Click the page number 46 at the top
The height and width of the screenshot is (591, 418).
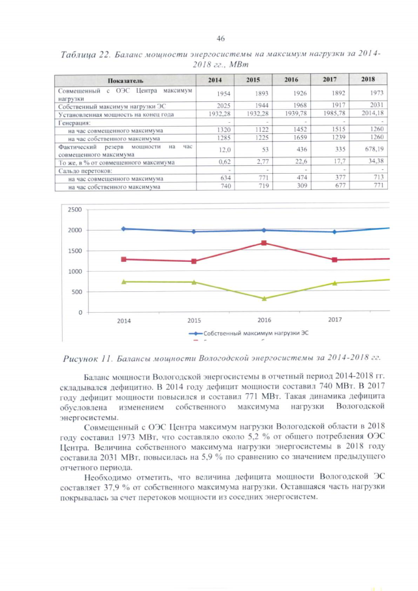pyautogui.click(x=220, y=39)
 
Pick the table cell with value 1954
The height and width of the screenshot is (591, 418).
pyautogui.click(x=215, y=93)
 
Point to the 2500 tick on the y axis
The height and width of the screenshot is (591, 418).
pyautogui.click(x=74, y=210)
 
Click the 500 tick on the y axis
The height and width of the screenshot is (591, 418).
pyautogui.click(x=77, y=292)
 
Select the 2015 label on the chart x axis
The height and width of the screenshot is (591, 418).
pyautogui.click(x=193, y=321)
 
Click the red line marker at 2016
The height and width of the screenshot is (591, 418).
pyautogui.click(x=264, y=243)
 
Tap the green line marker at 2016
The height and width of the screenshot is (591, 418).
pyautogui.click(x=264, y=299)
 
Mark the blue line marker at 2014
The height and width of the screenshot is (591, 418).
pyautogui.click(x=123, y=229)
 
